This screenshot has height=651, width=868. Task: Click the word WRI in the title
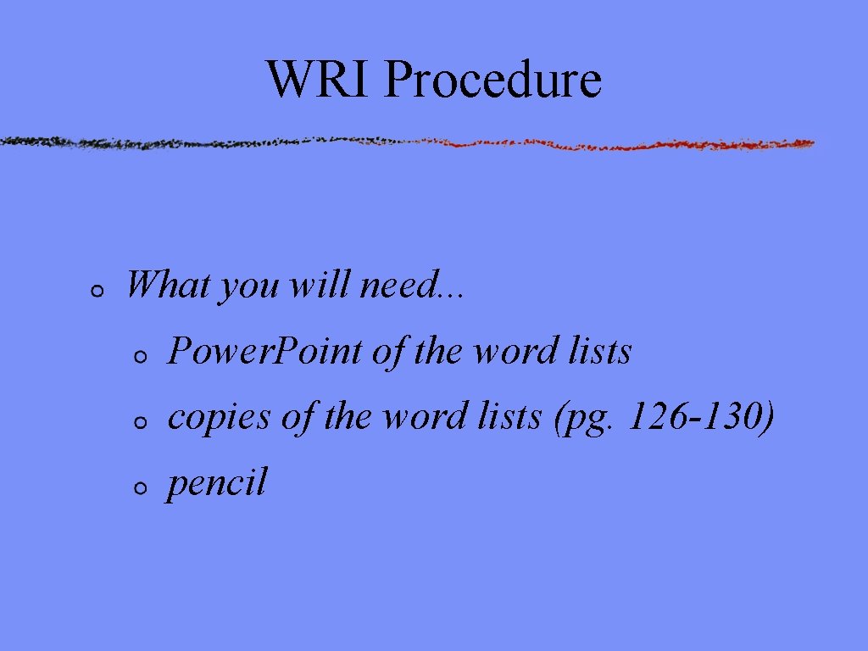[x=319, y=79]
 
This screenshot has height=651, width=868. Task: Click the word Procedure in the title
[x=492, y=81]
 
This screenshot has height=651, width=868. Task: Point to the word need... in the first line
[x=412, y=285]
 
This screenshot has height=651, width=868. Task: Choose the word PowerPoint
[x=265, y=351]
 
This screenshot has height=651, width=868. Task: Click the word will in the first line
[x=321, y=285]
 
